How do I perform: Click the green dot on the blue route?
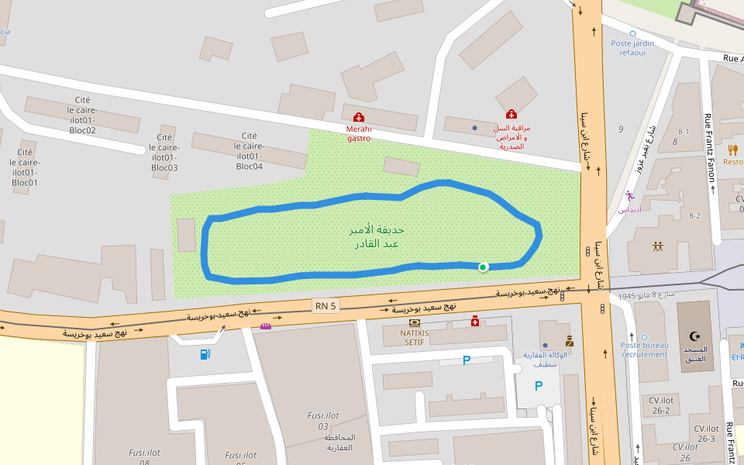pos(483,267)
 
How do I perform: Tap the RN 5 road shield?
pos(325,306)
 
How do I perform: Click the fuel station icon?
pos(205,354)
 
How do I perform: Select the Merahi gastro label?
pos(358,133)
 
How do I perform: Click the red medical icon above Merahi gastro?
pos(358,116)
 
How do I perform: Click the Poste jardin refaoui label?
pos(632,48)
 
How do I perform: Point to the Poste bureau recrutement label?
pos(644,350)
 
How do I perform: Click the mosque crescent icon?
pos(694,336)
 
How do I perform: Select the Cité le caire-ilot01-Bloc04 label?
pos(249,151)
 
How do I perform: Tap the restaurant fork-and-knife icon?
pos(732,150)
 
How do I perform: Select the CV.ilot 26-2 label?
pos(660,405)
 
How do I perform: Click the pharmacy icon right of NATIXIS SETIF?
pos(475,321)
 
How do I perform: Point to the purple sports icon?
pos(629,196)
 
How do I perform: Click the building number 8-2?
pos(694,216)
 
